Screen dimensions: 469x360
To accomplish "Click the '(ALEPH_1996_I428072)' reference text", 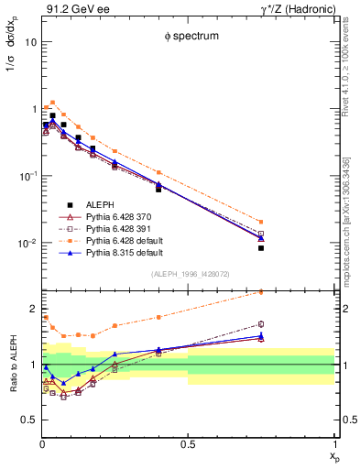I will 188,273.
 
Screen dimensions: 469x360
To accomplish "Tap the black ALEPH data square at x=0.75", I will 261,248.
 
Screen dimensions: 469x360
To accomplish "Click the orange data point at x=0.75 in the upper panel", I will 261,222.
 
